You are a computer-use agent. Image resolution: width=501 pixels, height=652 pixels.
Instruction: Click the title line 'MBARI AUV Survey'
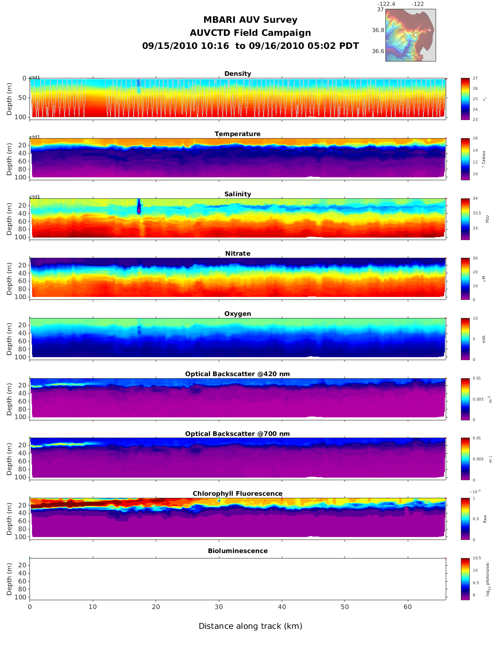[250, 20]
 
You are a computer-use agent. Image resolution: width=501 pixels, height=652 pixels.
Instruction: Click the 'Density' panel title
[237, 74]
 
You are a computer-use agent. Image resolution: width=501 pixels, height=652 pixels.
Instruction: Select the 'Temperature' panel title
[237, 134]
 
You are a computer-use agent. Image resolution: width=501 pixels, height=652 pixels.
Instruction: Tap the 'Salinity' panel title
[237, 194]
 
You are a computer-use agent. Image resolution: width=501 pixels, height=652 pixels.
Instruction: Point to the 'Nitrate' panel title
[237, 254]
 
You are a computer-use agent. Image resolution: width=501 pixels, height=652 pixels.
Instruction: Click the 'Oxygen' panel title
[237, 314]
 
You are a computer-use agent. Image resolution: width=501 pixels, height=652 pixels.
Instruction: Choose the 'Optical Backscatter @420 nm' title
[237, 374]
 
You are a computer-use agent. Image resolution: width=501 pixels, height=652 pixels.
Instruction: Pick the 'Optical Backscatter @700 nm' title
[237, 434]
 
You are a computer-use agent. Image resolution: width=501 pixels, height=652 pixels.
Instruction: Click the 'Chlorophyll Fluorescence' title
[237, 494]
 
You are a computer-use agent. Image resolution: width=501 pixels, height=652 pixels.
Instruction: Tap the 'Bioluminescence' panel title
[237, 551]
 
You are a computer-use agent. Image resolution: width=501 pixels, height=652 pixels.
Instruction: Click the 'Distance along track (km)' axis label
[250, 626]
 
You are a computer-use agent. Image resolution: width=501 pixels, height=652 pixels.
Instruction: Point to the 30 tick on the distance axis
[219, 607]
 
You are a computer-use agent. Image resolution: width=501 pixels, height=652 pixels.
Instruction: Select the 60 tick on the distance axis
[408, 607]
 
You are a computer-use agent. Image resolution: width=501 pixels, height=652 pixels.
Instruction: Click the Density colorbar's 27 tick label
[475, 78]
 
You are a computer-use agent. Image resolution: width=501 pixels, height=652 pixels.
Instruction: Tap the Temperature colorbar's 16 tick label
[475, 139]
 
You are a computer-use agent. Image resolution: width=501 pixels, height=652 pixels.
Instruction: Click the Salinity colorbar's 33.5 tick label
[477, 213]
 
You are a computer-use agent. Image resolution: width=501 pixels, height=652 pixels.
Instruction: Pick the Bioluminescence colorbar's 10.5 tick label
[477, 558]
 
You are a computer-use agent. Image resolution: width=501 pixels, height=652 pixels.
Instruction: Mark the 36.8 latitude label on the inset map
[378, 30]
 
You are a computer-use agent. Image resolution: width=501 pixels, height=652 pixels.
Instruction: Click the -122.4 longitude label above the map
[386, 4]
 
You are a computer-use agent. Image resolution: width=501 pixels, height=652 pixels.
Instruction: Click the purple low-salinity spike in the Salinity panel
[139, 208]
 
